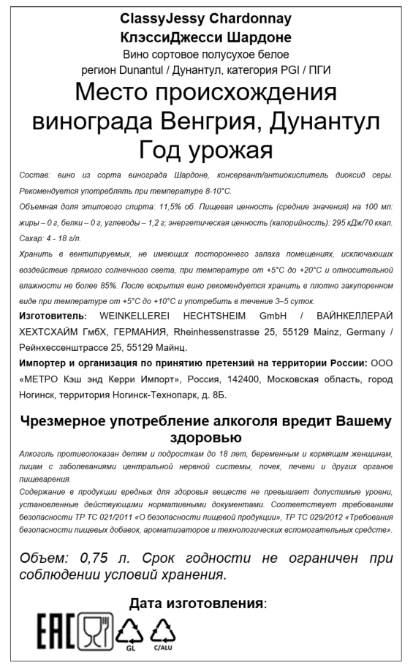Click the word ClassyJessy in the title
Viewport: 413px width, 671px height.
162,18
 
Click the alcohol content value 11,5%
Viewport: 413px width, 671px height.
175,208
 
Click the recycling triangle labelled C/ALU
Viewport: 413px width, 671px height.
163,629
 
